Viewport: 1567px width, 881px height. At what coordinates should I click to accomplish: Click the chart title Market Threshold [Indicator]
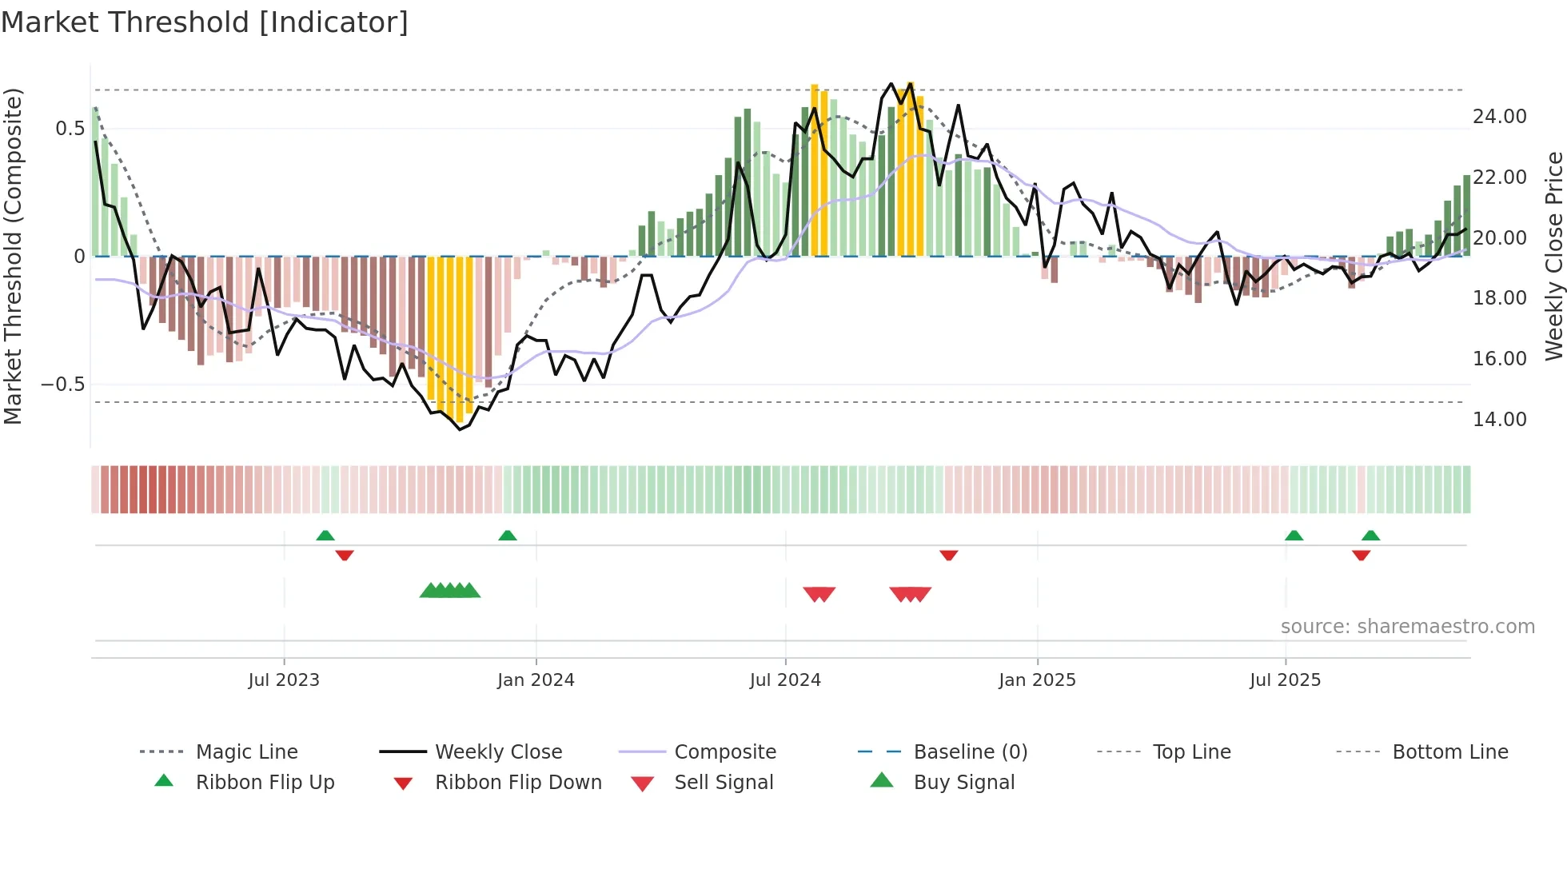coord(205,22)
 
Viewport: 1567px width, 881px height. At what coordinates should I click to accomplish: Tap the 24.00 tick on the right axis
coord(1499,117)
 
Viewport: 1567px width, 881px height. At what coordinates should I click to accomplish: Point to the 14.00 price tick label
coord(1499,420)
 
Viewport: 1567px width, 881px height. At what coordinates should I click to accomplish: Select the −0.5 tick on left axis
coord(63,385)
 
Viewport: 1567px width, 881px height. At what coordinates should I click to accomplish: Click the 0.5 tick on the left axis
coord(70,129)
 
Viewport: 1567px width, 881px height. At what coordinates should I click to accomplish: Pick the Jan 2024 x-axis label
coord(536,680)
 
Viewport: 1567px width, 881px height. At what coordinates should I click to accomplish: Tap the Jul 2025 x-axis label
coord(1285,680)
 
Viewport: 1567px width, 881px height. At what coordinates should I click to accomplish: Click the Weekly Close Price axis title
coord(1553,256)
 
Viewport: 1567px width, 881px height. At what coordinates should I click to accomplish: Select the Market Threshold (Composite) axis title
coord(13,256)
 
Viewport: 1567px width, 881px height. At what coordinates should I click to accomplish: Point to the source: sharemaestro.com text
coord(1407,627)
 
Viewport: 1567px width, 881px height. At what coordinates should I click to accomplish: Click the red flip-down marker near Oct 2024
coord(949,555)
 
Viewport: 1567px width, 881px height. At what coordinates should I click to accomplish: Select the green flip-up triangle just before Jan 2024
coord(508,536)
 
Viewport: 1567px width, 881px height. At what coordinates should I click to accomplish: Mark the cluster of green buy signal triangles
coord(450,591)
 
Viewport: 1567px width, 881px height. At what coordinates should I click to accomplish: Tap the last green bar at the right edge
coord(1466,216)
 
